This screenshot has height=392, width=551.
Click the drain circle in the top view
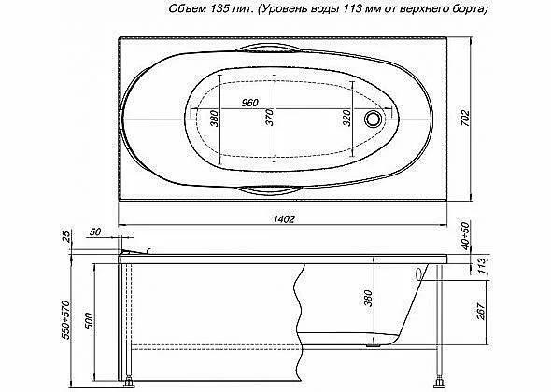[373, 119]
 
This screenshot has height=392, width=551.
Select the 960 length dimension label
[250, 103]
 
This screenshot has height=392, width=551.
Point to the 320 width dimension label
[346, 118]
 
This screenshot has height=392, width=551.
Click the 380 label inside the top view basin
[215, 119]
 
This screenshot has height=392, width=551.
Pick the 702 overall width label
[465, 119]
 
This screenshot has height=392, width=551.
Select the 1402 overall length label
[284, 218]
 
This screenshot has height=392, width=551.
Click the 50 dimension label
[95, 232]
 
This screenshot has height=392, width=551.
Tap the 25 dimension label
[65, 239]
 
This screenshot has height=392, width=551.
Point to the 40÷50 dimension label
[465, 236]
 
